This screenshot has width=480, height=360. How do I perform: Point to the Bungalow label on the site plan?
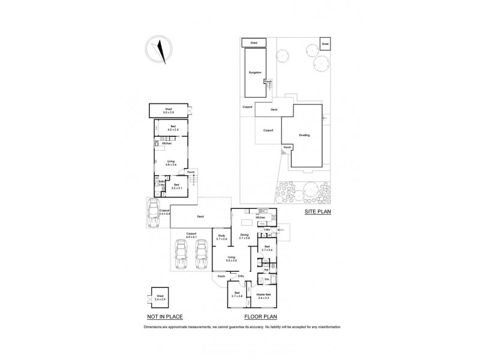(x=255, y=73)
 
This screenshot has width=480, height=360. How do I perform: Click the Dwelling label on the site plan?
(x=305, y=136)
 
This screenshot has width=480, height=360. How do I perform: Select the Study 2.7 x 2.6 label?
(x=221, y=238)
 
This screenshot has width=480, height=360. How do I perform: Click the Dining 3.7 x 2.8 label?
(x=244, y=237)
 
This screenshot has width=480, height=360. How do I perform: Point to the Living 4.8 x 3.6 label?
(x=171, y=162)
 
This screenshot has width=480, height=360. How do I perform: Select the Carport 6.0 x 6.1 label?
(x=192, y=235)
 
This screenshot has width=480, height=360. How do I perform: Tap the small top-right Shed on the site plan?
(x=325, y=44)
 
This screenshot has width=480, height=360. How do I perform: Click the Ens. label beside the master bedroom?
(x=266, y=280)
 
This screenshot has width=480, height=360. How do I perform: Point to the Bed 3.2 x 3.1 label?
(x=176, y=187)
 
